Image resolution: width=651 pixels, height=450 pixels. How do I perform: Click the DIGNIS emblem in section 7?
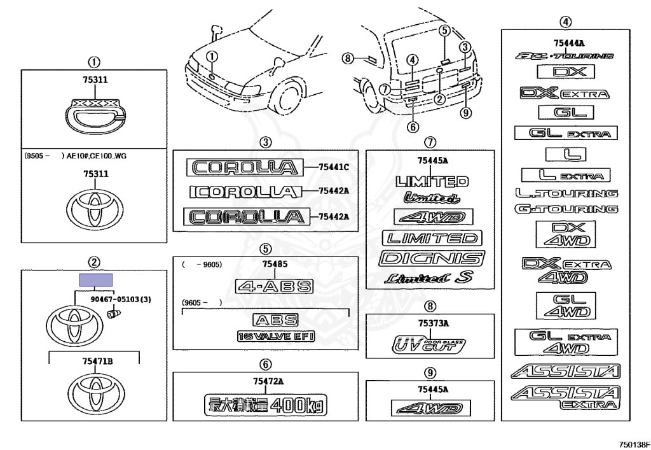pyautogui.click(x=431, y=258)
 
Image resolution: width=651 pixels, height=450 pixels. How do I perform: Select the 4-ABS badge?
pyautogui.click(x=275, y=286)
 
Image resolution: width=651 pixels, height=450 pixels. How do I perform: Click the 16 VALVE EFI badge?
pyautogui.click(x=276, y=335)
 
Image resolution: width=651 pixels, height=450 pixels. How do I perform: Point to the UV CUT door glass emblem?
pyautogui.click(x=430, y=344)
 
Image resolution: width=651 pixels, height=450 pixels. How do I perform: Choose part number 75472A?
pyautogui.click(x=266, y=381)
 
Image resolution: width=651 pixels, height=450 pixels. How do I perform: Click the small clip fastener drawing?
pyautogui.click(x=114, y=313)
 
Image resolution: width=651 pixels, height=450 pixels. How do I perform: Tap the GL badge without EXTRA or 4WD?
pyautogui.click(x=565, y=113)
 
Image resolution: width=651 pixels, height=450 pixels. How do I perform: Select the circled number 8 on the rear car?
pyautogui.click(x=347, y=59)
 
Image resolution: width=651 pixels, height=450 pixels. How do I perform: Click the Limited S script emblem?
pyautogui.click(x=430, y=278)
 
